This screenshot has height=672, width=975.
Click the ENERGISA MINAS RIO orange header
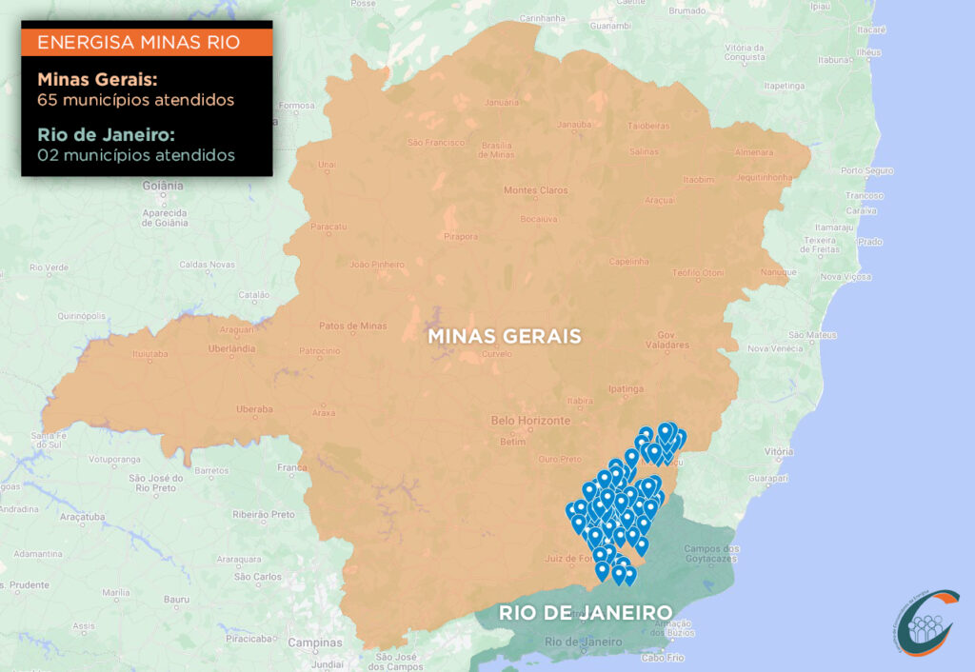tap(147, 43)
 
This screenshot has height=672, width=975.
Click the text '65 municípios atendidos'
tap(136, 99)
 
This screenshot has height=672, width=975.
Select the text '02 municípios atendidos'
tap(136, 153)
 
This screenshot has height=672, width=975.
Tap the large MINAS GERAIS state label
tap(505, 337)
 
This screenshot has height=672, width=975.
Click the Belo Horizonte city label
tap(530, 421)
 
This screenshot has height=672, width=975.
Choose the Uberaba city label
tap(253, 409)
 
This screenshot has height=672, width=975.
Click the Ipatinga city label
tap(627, 389)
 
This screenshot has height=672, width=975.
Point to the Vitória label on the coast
tap(778, 451)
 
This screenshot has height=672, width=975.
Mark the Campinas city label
tap(315, 642)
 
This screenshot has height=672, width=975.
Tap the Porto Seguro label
tap(866, 171)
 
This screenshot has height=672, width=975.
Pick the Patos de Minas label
tap(352, 326)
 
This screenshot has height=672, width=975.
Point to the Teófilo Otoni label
tap(698, 273)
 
